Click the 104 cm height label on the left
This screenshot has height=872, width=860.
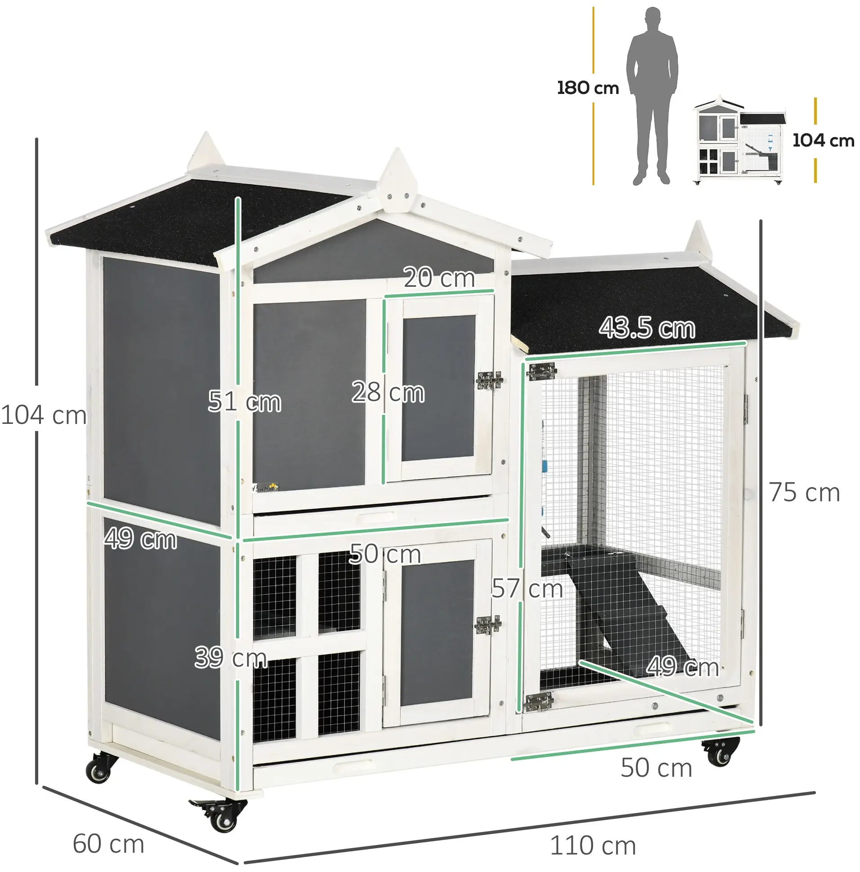44,415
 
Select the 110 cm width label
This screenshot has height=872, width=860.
593,845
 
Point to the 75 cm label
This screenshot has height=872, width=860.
804,492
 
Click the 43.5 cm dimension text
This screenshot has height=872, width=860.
647,328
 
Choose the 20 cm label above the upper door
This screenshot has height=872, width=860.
439,277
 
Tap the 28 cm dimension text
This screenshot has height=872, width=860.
388,392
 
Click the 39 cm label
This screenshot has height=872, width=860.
230,657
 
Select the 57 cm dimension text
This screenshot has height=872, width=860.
527,588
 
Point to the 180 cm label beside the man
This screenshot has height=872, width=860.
588,88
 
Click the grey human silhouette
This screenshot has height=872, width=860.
651,96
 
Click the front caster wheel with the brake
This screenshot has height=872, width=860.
220,812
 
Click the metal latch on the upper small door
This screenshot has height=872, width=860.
490,380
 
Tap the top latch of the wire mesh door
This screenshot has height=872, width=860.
542,371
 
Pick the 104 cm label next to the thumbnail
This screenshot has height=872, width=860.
824,141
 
